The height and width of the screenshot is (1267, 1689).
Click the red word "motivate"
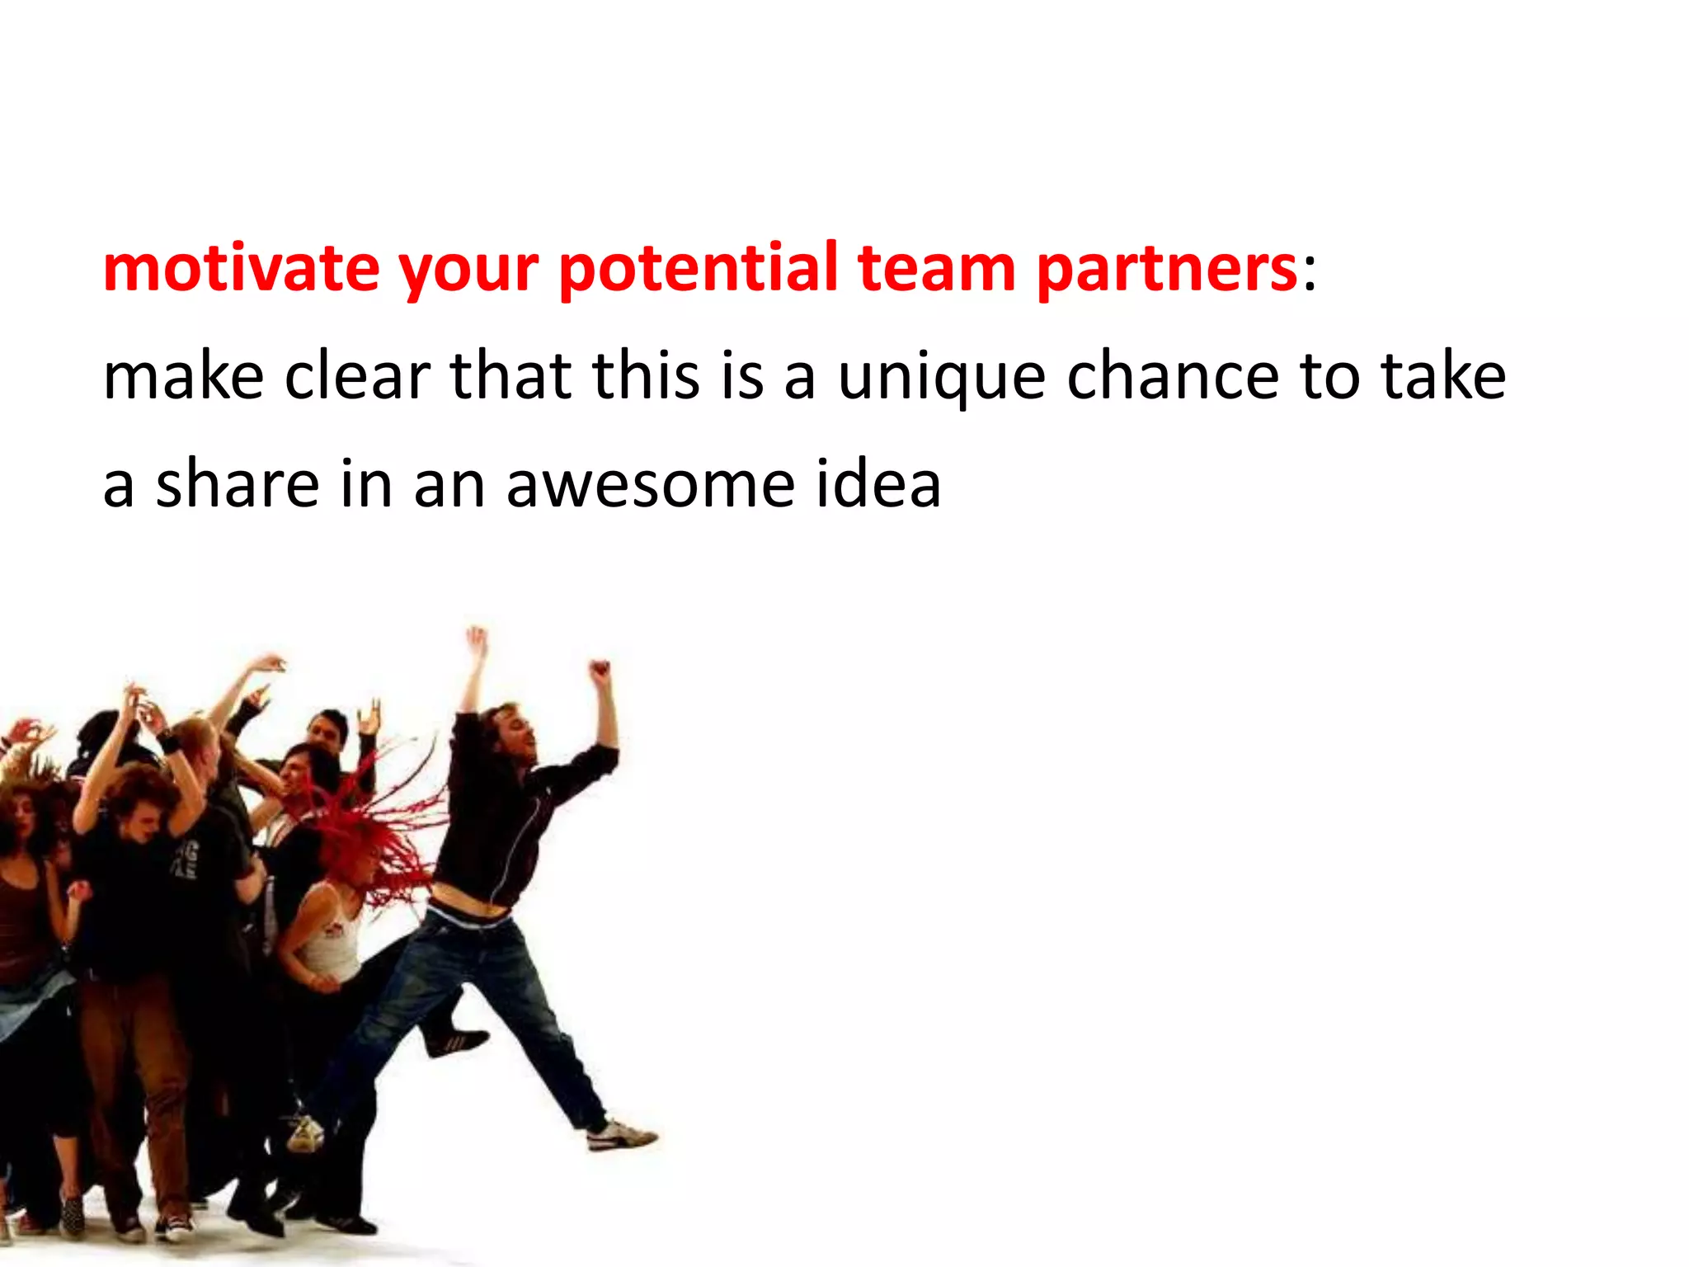coord(241,269)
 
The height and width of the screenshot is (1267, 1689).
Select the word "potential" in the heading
coord(698,269)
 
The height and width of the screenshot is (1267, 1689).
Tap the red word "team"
coord(936,269)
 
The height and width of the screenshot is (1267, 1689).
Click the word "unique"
coord(942,378)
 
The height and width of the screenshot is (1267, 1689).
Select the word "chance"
coord(1174,376)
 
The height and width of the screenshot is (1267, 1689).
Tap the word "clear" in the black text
coord(357,376)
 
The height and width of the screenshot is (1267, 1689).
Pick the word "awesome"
coord(651,485)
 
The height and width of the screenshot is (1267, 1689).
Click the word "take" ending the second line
coord(1443,376)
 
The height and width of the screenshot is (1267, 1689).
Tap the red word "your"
coord(468,272)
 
